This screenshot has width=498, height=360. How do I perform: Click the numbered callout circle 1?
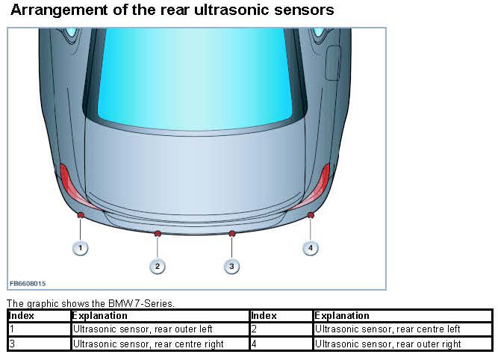click(x=80, y=247)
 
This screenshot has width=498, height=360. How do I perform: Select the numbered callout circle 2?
click(x=157, y=265)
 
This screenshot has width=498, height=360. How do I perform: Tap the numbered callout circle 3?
click(x=231, y=265)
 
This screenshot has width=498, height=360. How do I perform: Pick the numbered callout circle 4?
click(x=311, y=247)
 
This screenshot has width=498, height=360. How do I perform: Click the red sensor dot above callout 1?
click(x=80, y=215)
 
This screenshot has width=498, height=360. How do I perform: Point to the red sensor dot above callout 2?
click(x=157, y=234)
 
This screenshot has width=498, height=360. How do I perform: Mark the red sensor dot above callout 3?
click(x=231, y=234)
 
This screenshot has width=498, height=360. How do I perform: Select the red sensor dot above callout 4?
click(x=311, y=215)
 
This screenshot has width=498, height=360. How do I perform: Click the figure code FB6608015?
click(x=28, y=284)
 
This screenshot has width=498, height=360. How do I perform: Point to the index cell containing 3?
click(x=39, y=344)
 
